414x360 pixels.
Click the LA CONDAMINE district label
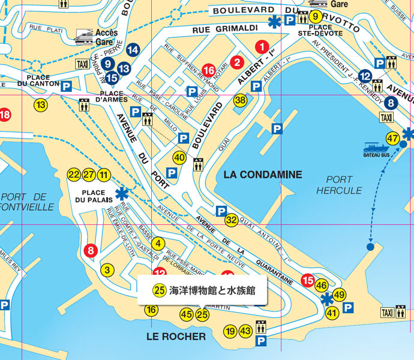point(262,175)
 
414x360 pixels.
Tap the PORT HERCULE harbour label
point(335,185)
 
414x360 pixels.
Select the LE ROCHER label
point(176,337)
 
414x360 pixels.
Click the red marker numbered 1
point(261,46)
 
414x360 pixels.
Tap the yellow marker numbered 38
point(241,100)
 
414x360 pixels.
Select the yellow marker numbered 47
point(393,138)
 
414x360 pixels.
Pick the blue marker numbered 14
point(133,50)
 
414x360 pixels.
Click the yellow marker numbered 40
point(179,158)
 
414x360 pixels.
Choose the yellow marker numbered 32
point(232,220)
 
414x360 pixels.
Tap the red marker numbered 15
point(308,280)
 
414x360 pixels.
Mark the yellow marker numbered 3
point(107,270)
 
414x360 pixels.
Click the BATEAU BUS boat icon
point(376,147)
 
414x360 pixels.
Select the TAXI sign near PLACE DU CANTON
point(82,64)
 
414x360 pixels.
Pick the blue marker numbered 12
point(365,76)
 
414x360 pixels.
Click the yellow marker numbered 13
point(40,105)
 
